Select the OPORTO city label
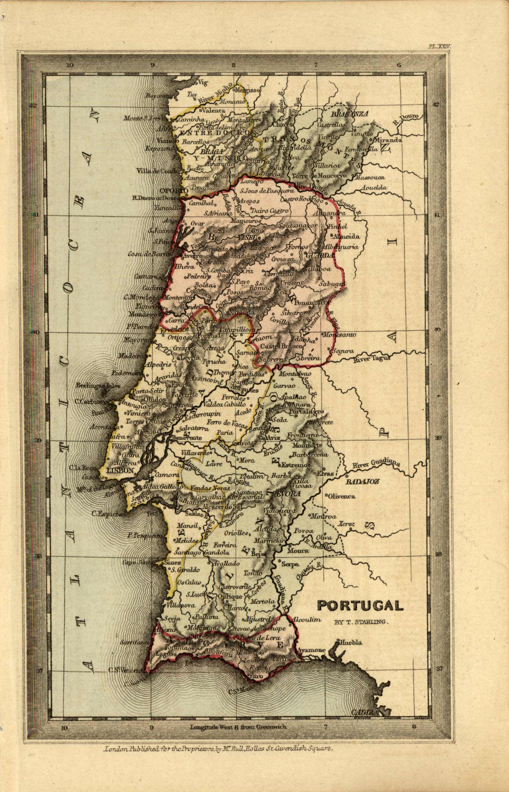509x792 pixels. [x=174, y=190]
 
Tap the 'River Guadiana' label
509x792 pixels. [x=376, y=463]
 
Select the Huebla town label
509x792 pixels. [x=351, y=642]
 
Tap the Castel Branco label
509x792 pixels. [x=281, y=346]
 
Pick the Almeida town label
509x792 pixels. [x=346, y=236]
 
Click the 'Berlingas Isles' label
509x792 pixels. [x=94, y=385]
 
